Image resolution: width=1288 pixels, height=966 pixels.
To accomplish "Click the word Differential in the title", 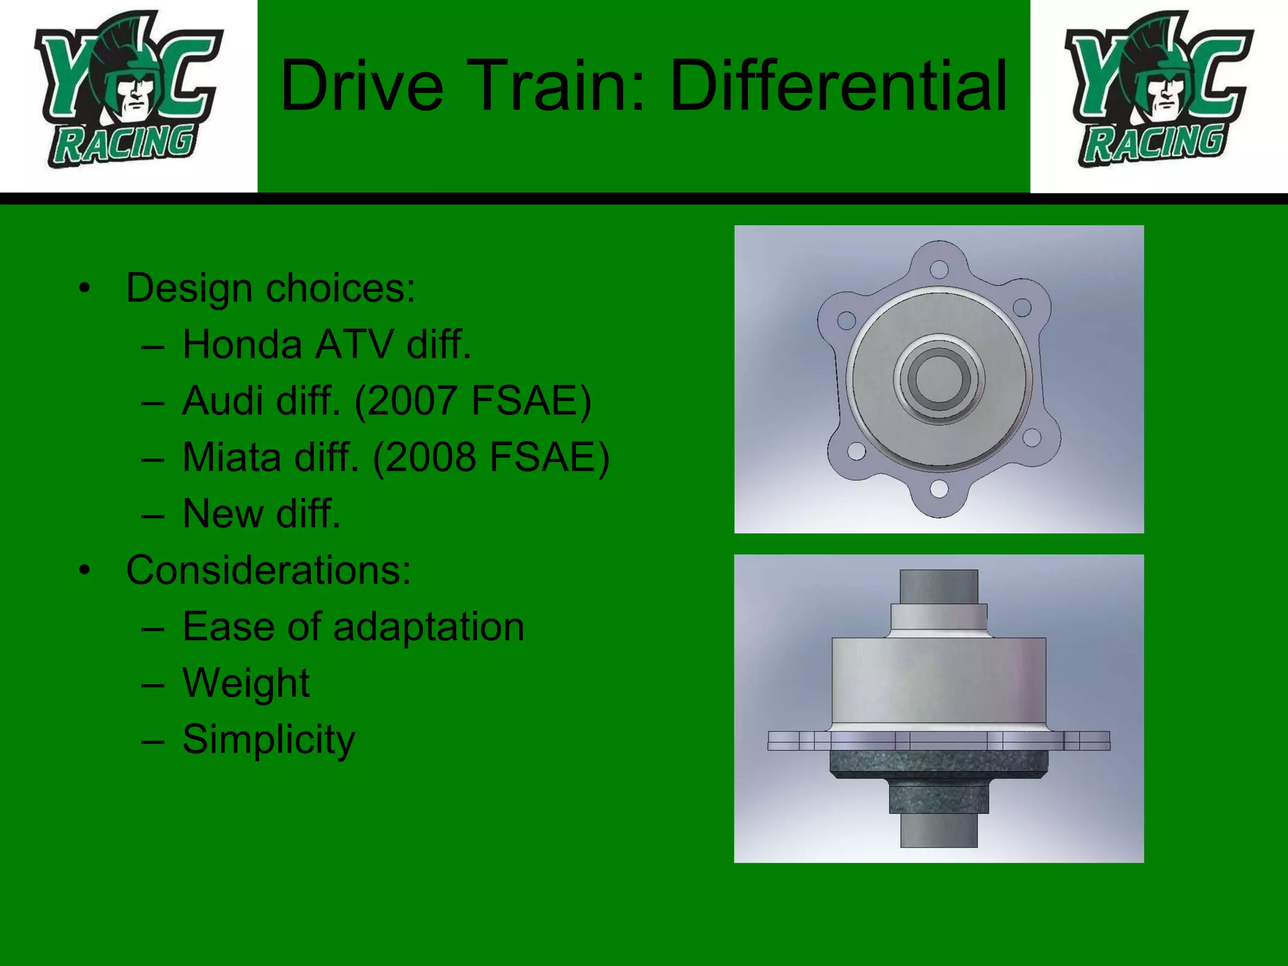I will click(x=839, y=86).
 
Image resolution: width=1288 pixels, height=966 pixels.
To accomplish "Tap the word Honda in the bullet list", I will click(x=242, y=345).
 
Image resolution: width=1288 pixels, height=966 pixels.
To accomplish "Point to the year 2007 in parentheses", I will click(x=411, y=401).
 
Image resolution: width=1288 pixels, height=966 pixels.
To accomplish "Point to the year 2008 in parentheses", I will click(x=430, y=457).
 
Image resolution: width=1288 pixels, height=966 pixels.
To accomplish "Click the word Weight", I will click(x=246, y=683).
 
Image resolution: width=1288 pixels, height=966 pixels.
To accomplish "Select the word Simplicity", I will click(x=269, y=739).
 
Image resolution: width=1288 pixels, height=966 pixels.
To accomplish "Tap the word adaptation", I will click(x=428, y=627).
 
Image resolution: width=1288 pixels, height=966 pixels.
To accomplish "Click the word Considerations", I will click(x=268, y=570).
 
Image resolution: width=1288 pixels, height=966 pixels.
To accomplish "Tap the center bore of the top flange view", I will click(x=938, y=379).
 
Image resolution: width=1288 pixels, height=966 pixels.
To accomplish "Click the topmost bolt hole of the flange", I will click(x=939, y=270).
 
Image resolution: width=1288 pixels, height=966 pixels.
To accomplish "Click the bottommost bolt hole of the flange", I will click(x=939, y=489).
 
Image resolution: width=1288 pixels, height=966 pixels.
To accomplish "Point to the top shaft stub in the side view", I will click(x=939, y=586).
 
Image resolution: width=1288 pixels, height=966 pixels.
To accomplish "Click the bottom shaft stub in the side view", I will click(x=939, y=830).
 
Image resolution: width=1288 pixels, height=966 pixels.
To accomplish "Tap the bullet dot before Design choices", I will click(x=85, y=289).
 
